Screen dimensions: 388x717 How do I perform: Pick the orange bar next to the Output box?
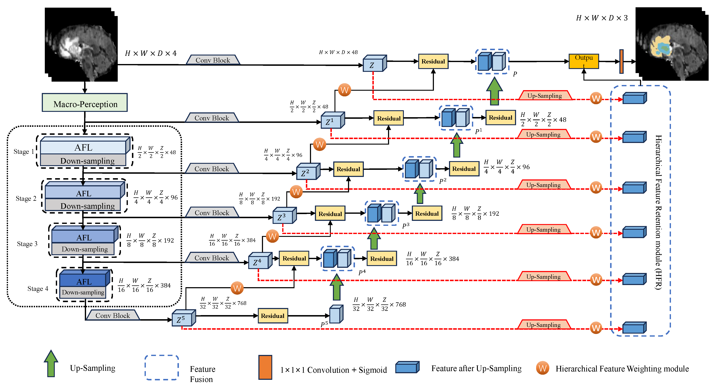point(621,62)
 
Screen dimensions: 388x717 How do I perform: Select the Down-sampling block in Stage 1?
point(84,161)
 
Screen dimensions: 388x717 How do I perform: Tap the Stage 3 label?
point(27,244)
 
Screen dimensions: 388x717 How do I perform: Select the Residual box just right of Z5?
point(272,316)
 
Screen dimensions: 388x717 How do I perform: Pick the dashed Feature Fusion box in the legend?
point(161,367)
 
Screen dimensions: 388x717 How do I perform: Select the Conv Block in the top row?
point(213,60)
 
